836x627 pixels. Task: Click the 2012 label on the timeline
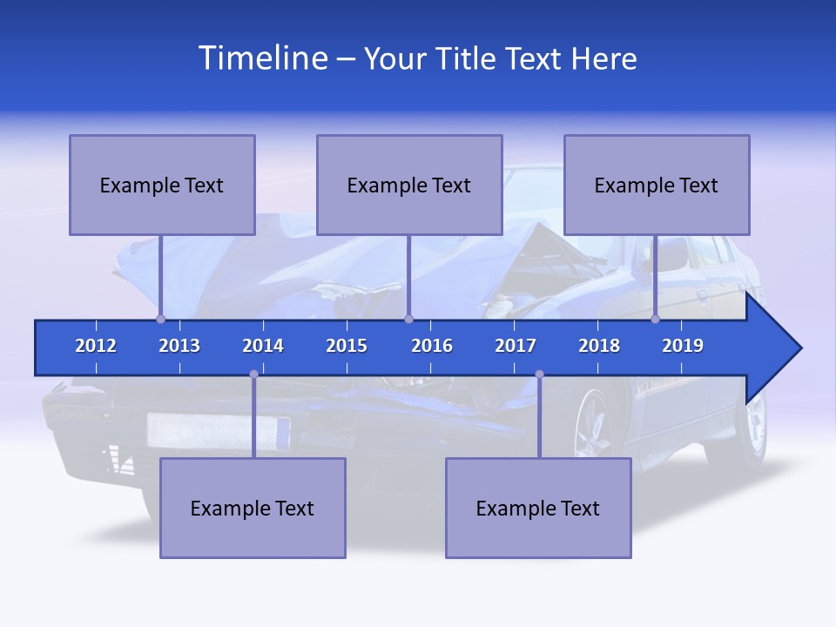click(96, 346)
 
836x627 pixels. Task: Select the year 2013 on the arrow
click(179, 346)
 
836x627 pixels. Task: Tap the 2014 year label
click(263, 346)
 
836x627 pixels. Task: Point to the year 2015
click(347, 346)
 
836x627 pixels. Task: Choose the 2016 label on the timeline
click(432, 346)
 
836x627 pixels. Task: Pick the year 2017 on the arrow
click(516, 346)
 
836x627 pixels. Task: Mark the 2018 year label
click(599, 346)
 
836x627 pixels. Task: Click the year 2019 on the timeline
click(683, 346)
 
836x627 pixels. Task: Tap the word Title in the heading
click(466, 59)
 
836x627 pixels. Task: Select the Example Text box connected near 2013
click(162, 185)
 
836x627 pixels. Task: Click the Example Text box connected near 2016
click(409, 185)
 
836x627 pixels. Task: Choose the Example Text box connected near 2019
click(657, 185)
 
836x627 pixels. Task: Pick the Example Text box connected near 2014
click(253, 508)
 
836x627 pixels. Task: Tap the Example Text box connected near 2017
click(538, 508)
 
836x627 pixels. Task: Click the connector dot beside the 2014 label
click(253, 374)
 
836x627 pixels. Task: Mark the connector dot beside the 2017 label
click(539, 374)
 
